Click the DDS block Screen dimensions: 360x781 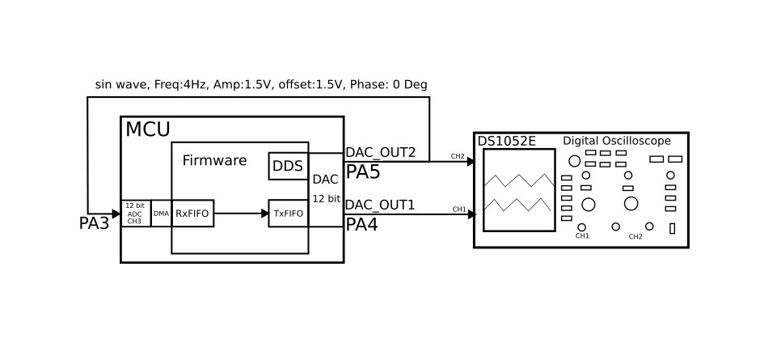[287, 166]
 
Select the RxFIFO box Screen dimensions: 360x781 [192, 214]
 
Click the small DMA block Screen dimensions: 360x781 [161, 214]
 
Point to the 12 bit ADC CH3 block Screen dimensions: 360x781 [135, 214]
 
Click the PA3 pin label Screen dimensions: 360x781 [94, 224]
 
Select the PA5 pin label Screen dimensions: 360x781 [362, 172]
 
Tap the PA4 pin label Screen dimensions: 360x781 [362, 224]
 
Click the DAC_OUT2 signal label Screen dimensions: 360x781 [380, 153]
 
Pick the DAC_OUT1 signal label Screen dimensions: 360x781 [380, 205]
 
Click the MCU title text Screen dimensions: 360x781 [148, 129]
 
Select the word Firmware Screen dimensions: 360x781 [214, 161]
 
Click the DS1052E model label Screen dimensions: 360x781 [507, 142]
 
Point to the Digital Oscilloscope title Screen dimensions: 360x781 [617, 141]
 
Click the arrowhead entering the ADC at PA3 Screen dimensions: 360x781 [115, 214]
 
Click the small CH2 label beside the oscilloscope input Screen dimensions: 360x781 [458, 156]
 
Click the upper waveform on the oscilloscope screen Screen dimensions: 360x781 [518, 180]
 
